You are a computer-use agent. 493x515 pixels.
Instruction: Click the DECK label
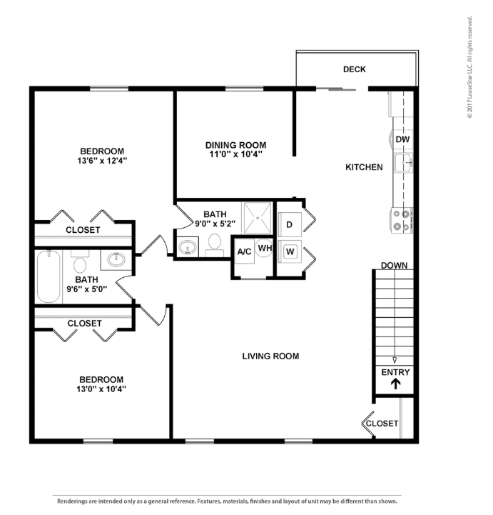coord(355,69)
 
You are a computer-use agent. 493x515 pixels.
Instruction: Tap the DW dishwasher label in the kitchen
coord(402,139)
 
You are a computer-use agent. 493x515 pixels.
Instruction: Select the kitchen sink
coord(403,163)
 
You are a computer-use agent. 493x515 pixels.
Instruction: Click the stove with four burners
coord(402,220)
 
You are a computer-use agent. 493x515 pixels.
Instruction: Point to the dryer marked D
coord(290,225)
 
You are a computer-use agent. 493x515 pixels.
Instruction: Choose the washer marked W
coord(290,252)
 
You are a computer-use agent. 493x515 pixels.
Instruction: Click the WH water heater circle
coord(264,248)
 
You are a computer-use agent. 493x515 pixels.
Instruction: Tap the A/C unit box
coord(245,251)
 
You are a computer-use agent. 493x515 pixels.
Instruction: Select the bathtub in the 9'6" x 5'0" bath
coord(49,277)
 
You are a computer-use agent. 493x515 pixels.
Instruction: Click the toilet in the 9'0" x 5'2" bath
coord(215,245)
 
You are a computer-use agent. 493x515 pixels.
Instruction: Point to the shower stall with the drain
coord(258,218)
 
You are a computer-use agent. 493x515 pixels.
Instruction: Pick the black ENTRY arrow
coord(396,384)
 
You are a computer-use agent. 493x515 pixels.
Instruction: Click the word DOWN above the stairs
coord(395,266)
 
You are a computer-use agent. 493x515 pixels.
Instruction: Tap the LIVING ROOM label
coord(270,356)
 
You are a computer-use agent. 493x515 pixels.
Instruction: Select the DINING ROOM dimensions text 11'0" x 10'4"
coord(236,154)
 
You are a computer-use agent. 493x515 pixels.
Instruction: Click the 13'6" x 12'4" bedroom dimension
coord(102,161)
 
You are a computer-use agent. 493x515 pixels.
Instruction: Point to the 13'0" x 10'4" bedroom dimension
coord(101,389)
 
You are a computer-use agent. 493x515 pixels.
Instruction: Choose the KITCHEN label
coord(364,167)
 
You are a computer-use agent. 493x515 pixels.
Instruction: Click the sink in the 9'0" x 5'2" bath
coord(188,247)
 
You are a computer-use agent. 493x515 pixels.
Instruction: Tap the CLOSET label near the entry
coord(382,424)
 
